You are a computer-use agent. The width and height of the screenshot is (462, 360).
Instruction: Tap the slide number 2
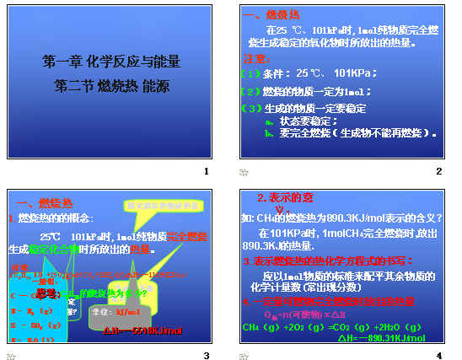tap(438, 172)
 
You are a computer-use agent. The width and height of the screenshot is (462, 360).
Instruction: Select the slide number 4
tap(438, 355)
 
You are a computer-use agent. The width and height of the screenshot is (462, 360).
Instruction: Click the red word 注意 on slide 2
tap(255, 59)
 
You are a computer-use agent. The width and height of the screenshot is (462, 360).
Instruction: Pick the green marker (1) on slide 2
tap(250, 74)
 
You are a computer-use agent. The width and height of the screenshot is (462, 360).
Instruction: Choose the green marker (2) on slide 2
tap(250, 91)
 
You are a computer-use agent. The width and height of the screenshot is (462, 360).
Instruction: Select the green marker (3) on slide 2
tap(250, 108)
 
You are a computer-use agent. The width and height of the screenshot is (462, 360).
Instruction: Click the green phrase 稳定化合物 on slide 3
tap(53, 250)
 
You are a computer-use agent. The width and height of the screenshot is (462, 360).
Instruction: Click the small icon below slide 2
tap(244, 173)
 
